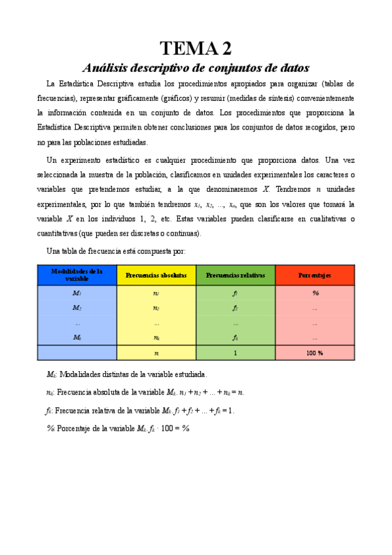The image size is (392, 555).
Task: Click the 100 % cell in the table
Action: (315, 353)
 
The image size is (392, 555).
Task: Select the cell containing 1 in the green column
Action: (235, 353)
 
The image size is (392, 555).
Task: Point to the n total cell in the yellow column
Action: (156, 353)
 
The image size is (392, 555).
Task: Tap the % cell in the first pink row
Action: (315, 293)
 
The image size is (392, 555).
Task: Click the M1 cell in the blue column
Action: (77, 293)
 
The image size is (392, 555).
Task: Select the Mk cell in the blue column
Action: (77, 338)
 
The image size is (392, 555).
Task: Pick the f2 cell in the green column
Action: (235, 308)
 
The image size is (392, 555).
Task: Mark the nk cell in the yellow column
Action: (156, 338)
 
